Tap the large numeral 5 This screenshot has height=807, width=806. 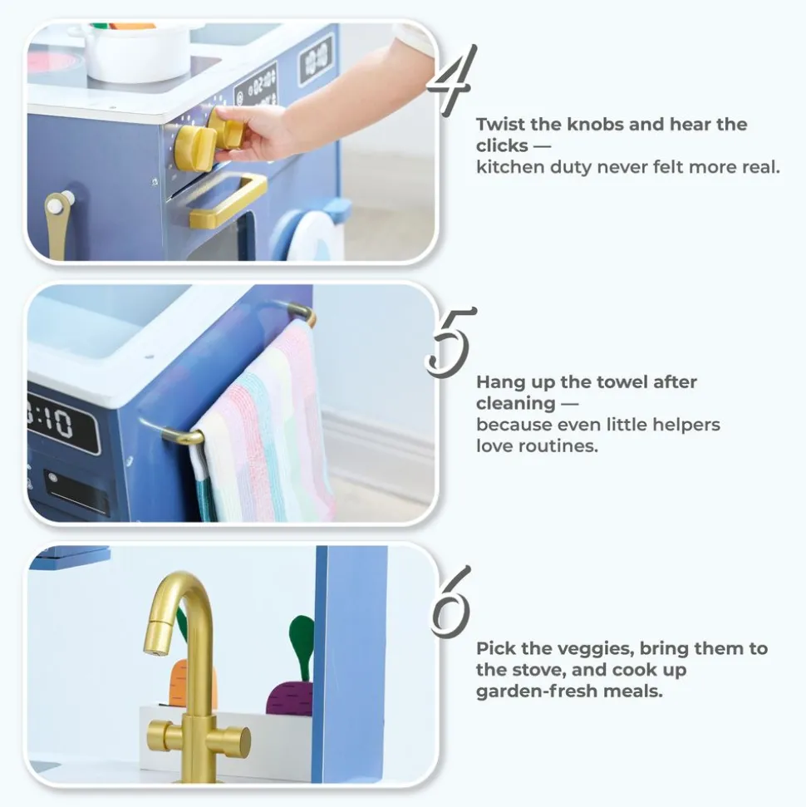click(x=449, y=342)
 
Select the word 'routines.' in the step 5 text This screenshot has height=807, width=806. click(x=564, y=445)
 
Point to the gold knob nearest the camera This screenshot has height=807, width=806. click(x=195, y=148)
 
